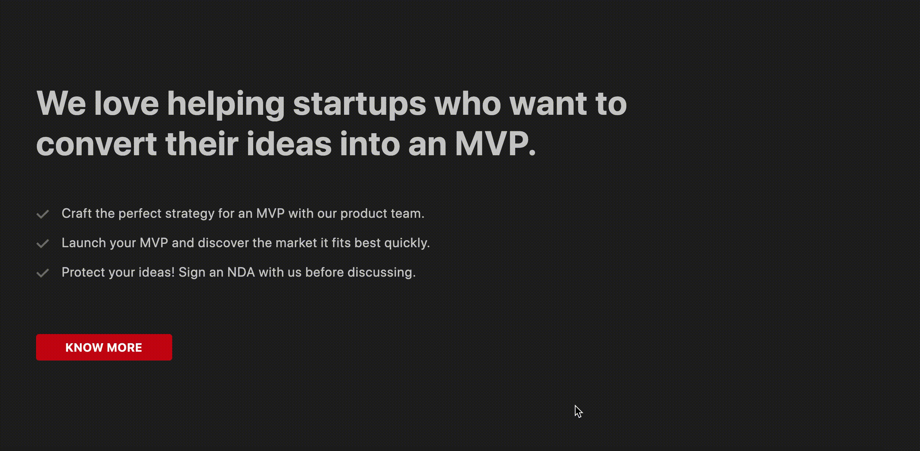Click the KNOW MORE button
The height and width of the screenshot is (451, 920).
tap(104, 347)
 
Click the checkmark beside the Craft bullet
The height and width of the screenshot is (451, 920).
tap(43, 214)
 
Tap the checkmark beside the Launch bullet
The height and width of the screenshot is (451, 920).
tap(43, 244)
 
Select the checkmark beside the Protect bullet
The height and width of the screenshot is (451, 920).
tap(43, 273)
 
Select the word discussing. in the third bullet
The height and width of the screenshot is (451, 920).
tap(382, 273)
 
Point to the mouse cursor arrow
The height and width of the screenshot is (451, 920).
tap(578, 411)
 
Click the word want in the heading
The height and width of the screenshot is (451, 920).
tap(548, 104)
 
